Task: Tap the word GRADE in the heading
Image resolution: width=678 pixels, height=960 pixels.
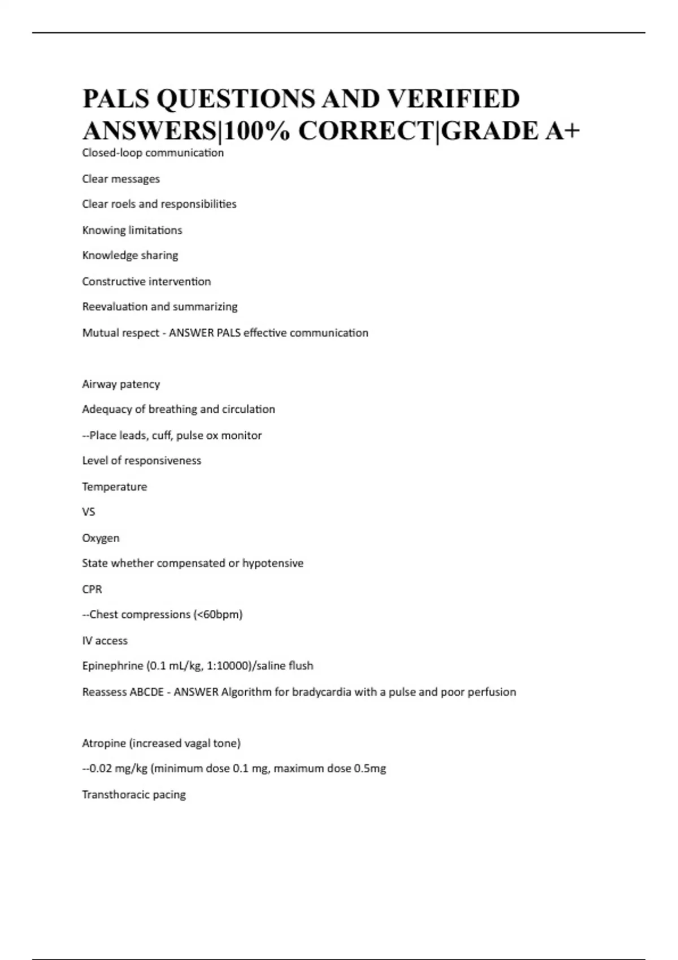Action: coord(489,131)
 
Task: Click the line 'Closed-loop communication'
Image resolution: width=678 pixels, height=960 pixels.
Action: coord(153,153)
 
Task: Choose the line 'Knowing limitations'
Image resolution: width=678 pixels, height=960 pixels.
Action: coord(132,230)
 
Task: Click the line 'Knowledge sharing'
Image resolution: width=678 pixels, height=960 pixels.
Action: coord(130,255)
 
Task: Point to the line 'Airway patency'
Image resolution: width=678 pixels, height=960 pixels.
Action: coord(121,384)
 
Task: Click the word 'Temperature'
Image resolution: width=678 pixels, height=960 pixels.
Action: coord(114,487)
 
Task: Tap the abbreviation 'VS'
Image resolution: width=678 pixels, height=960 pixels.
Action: coord(89,512)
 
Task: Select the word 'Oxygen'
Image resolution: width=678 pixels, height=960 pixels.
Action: coord(101,538)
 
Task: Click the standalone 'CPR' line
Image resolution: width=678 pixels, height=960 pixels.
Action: coord(92,589)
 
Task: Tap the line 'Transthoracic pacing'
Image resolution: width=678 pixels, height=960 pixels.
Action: coord(134,795)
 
